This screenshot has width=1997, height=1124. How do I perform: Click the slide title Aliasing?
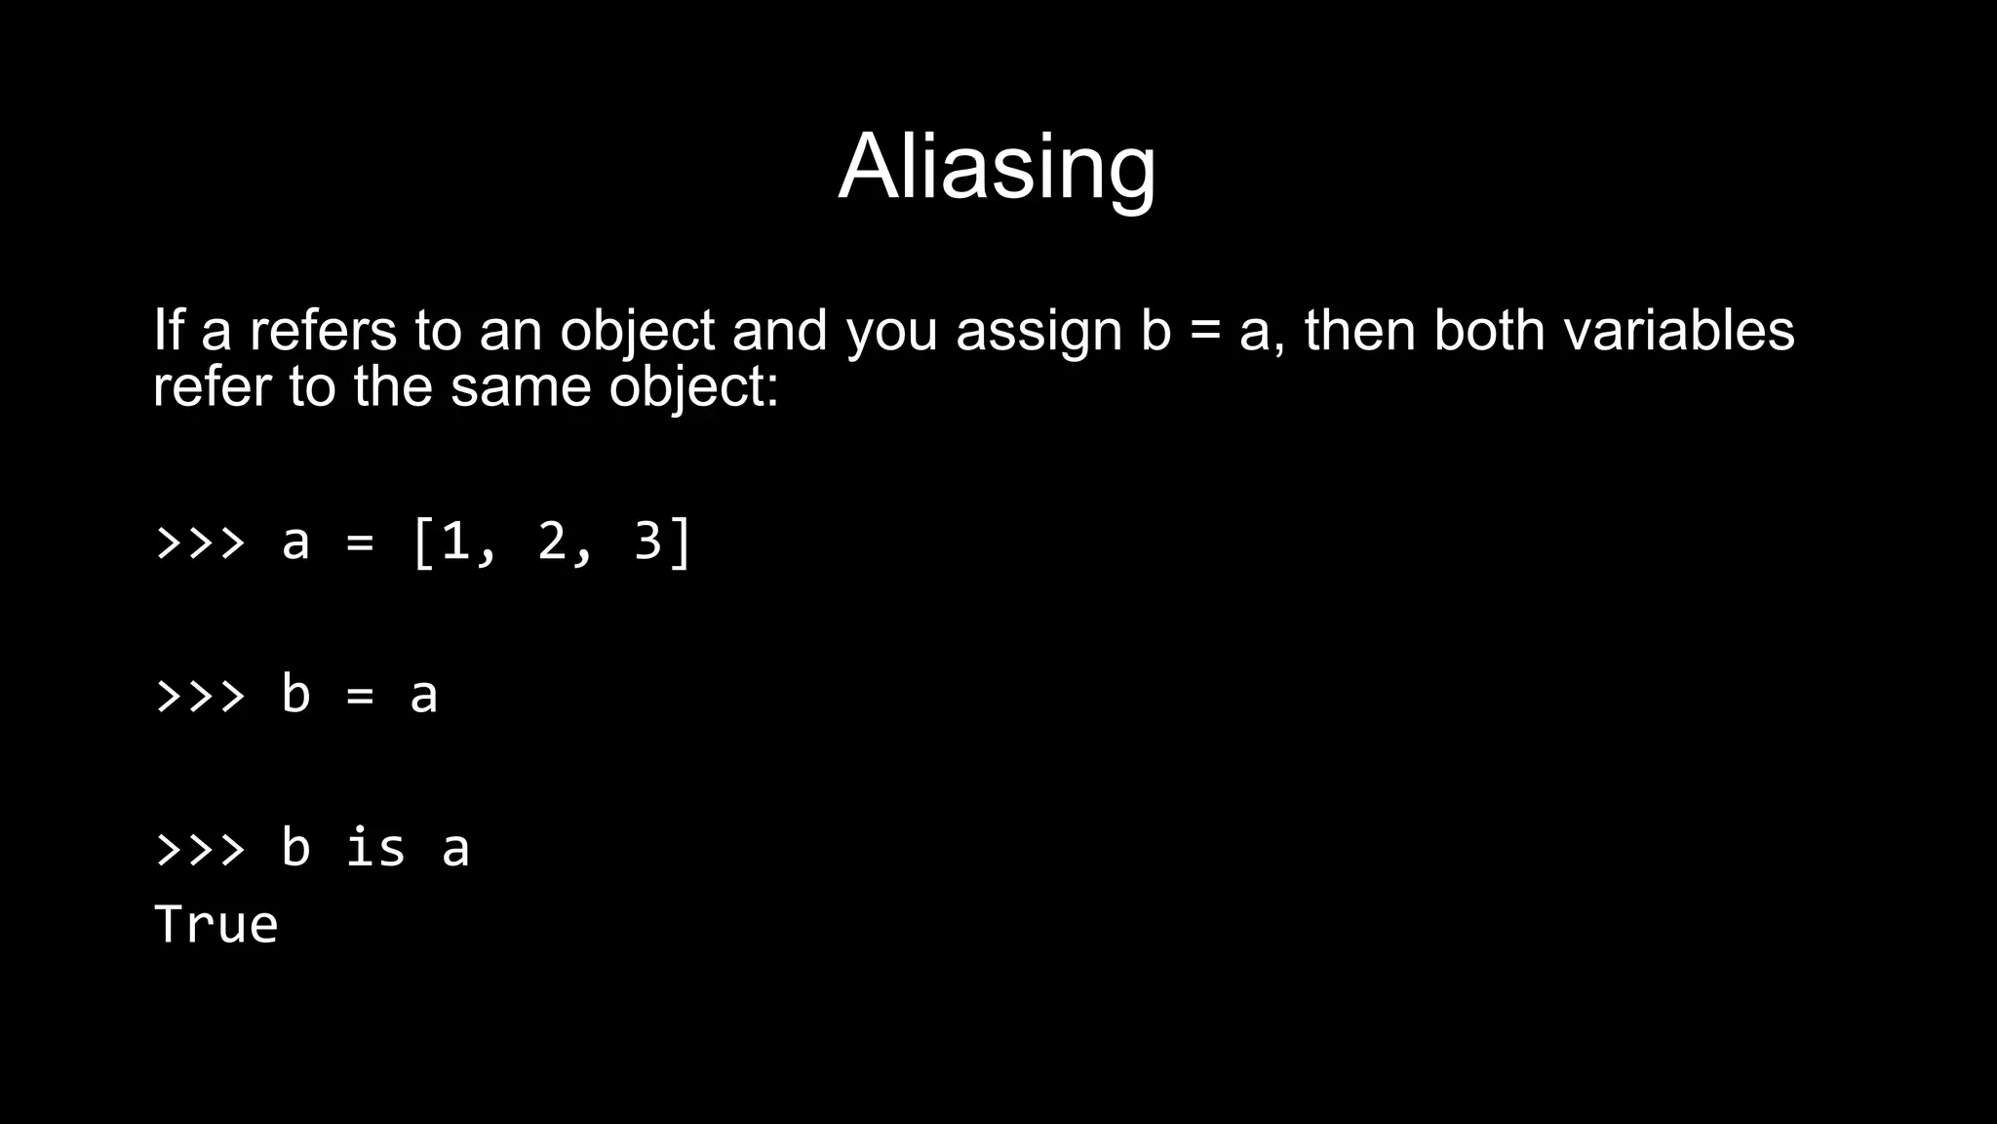click(x=997, y=167)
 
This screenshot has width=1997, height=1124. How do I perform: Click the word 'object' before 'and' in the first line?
click(x=638, y=332)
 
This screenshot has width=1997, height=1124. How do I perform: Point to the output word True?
click(x=216, y=924)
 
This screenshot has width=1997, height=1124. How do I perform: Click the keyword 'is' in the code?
click(x=375, y=846)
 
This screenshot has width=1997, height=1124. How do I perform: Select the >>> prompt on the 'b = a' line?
click(x=201, y=695)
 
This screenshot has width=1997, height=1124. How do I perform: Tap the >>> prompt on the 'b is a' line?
click(x=201, y=848)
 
